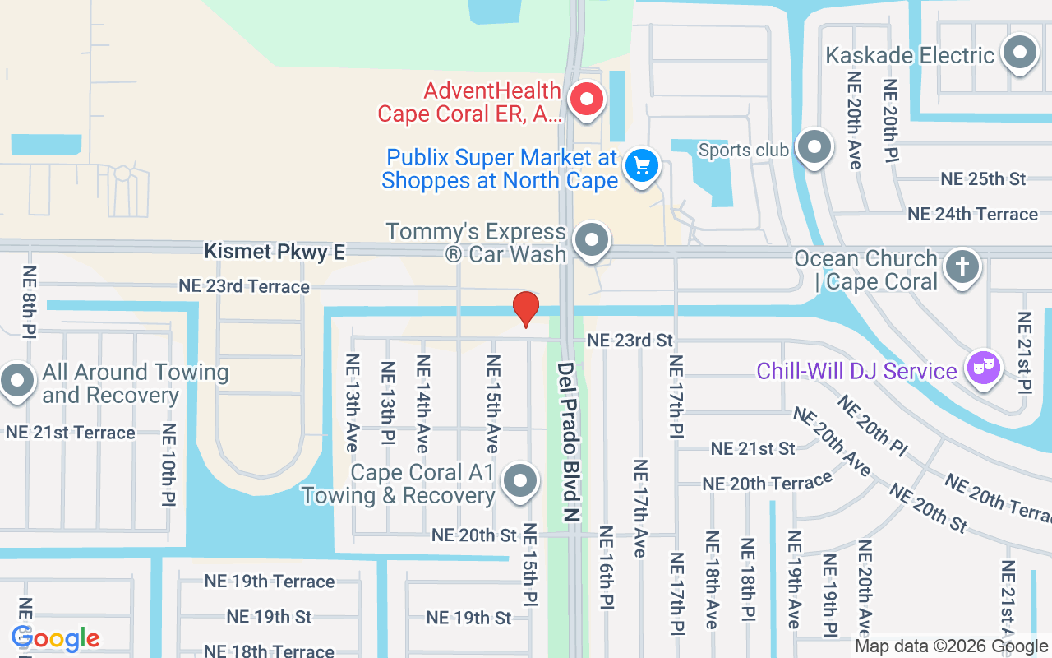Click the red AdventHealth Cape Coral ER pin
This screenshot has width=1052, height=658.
587,100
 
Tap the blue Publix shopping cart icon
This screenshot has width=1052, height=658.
642,166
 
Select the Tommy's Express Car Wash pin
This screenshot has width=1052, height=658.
592,241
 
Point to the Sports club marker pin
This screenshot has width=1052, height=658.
814,148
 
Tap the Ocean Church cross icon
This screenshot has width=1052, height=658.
962,267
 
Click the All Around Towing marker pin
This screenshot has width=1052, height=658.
17,382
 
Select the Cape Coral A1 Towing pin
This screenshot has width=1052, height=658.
519,481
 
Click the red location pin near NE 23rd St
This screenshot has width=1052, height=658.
526,308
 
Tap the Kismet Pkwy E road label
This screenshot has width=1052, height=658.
275,251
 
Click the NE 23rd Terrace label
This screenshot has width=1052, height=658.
244,286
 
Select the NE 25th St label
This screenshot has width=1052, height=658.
983,178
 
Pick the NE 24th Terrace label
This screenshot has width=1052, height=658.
972,214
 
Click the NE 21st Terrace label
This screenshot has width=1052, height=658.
70,433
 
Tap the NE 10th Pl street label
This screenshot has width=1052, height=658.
169,465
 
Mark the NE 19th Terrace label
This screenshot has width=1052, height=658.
270,582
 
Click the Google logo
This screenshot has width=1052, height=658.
55,638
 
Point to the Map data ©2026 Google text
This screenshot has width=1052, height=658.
952,646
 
